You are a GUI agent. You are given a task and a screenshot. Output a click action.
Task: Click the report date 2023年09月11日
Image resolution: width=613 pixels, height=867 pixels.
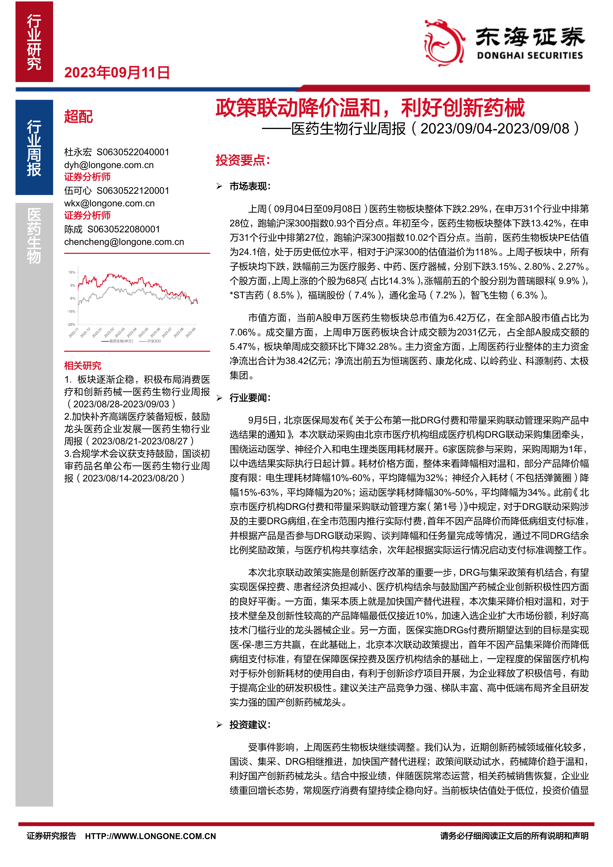(117, 72)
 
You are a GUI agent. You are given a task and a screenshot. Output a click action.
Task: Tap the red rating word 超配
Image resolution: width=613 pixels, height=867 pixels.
(78, 116)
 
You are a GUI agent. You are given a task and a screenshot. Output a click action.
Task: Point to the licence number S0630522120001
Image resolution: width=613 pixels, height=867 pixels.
(133, 191)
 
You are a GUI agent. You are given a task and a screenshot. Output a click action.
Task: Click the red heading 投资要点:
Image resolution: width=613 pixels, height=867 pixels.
(243, 160)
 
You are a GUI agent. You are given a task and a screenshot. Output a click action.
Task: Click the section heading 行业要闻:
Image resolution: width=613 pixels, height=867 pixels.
(250, 398)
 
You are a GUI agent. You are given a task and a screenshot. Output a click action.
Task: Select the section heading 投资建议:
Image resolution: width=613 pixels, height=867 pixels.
(250, 725)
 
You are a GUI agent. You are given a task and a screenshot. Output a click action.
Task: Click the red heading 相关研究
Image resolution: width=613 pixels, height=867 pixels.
(83, 366)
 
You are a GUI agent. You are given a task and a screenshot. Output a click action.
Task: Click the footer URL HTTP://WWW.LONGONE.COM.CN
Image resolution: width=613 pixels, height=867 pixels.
(150, 836)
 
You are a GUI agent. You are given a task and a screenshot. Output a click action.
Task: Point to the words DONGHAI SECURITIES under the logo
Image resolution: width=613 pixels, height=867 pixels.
(529, 56)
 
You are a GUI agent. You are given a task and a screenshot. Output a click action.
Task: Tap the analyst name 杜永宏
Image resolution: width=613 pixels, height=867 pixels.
(78, 152)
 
